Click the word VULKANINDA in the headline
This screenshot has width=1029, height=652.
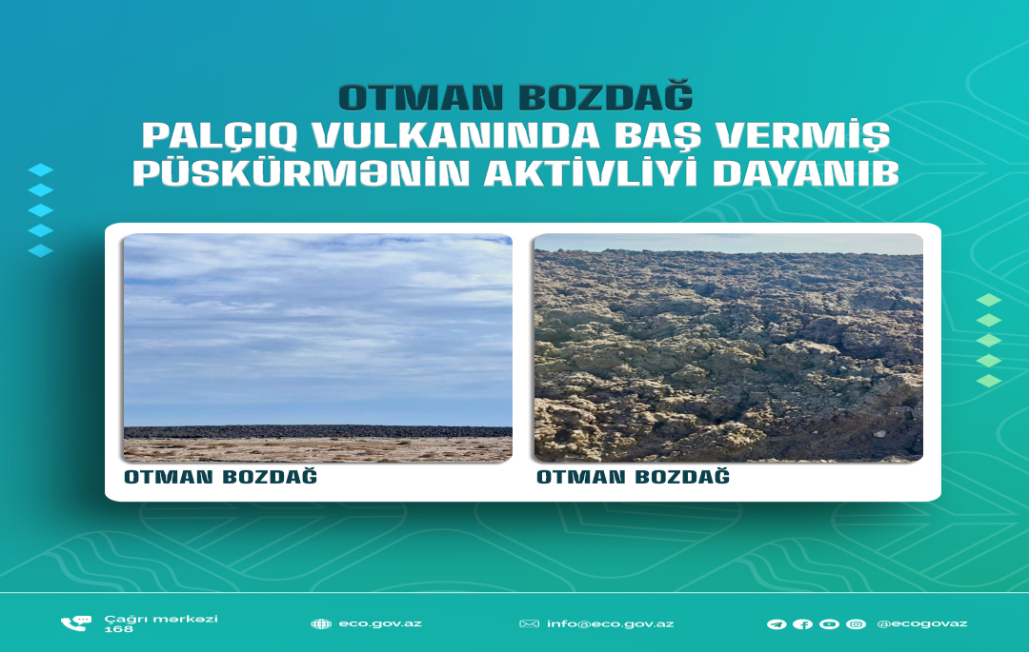coord(455,136)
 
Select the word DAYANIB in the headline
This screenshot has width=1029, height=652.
coord(806,173)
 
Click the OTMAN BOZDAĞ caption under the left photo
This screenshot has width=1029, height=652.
coord(220,476)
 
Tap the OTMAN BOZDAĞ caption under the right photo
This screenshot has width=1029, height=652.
coord(634,476)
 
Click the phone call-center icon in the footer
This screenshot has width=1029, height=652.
coord(76,623)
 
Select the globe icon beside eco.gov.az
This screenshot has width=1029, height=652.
coord(321,623)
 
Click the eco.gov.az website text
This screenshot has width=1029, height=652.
coord(380,623)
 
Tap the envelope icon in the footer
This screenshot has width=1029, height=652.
coord(529,623)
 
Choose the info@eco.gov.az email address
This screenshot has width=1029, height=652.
coord(611,623)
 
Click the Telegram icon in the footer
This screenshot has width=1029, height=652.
coord(777,624)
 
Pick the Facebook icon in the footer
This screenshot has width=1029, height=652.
coord(802,624)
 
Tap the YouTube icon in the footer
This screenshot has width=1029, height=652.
coord(829,624)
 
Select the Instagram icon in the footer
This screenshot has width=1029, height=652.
coord(856,624)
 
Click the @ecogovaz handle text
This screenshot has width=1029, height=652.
coord(922,623)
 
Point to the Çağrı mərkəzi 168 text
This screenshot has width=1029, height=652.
coord(161,623)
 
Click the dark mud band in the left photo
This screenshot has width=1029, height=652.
coord(318,432)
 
